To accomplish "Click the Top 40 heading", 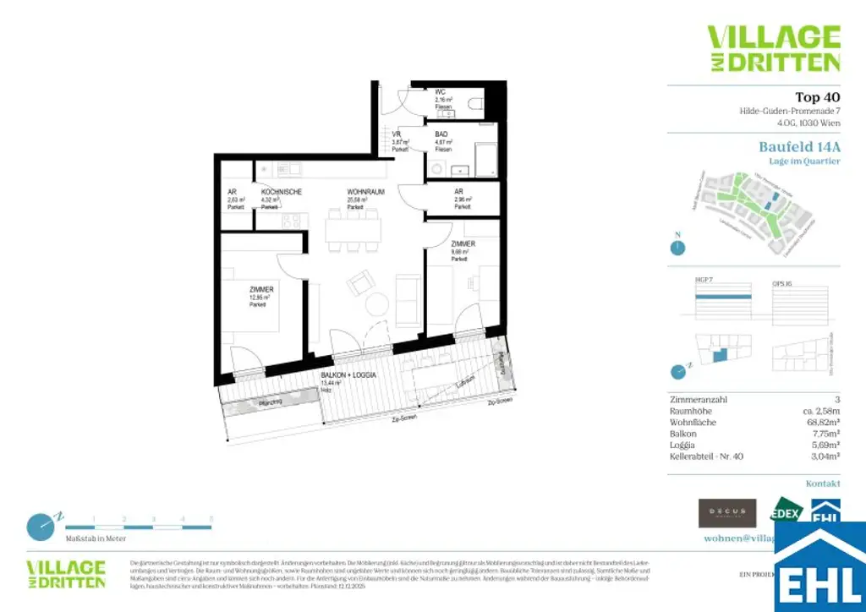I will pos(818,97).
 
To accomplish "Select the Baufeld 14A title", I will pos(799,146).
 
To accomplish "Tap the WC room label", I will pos(441,91).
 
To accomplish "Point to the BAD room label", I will pos(441,134).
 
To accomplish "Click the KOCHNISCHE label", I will pos(282,192).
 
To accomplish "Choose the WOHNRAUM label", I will pos(365,192).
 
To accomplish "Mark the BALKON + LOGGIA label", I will pos(348,374).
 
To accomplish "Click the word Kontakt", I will pos(823,484).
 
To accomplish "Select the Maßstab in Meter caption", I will pos(96,538).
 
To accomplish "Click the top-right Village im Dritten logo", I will pos(773,48).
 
